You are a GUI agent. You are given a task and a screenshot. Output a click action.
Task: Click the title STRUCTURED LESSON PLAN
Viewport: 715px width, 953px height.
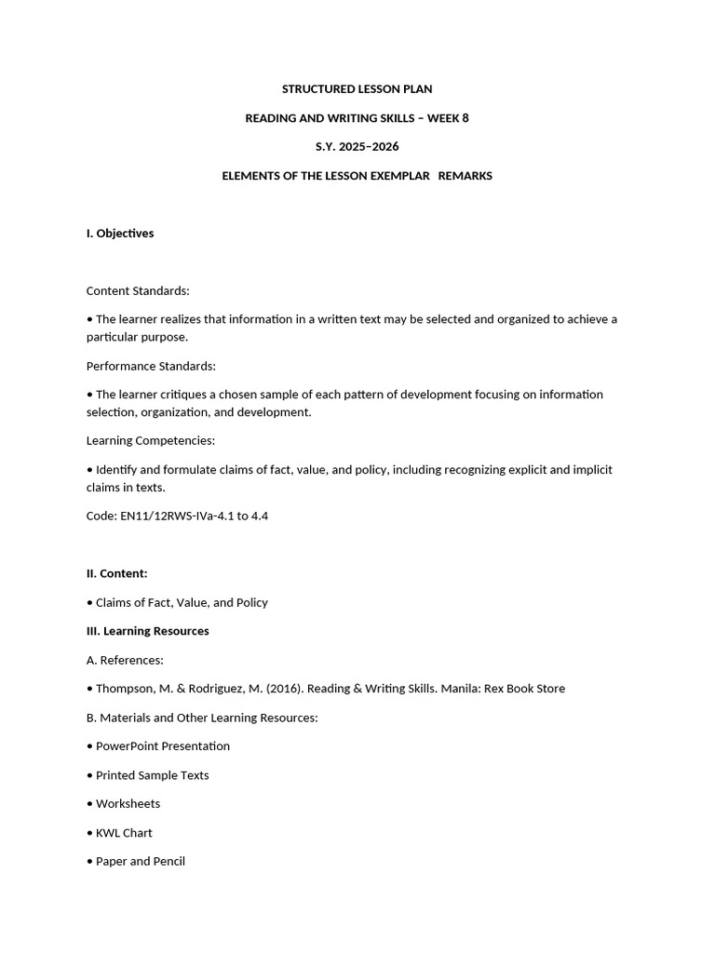click(x=357, y=89)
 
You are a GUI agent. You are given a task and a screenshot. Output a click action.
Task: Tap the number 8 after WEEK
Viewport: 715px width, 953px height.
click(x=465, y=118)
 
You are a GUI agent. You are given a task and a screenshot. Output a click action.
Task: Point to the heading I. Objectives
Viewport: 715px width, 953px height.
click(x=120, y=234)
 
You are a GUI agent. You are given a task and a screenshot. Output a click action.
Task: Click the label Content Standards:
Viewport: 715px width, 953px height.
click(x=138, y=291)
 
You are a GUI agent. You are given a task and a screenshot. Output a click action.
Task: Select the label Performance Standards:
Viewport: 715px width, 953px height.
click(x=151, y=367)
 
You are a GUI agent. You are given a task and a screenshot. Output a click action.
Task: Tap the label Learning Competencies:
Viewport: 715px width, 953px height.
click(x=151, y=440)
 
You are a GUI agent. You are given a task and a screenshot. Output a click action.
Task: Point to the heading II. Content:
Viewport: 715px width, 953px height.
click(x=117, y=573)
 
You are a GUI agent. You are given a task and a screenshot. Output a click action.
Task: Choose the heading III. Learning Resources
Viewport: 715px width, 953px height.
click(x=148, y=631)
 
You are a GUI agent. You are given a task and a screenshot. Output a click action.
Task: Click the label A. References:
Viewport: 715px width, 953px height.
click(x=125, y=660)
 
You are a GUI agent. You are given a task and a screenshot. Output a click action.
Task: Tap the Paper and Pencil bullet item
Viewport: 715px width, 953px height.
click(x=141, y=862)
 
